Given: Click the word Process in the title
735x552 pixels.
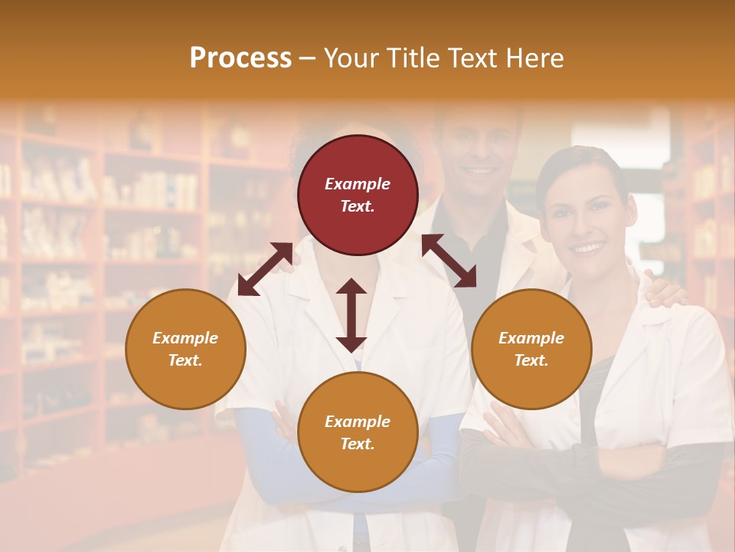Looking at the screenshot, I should [240, 58].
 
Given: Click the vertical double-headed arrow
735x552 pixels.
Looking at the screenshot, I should [351, 315].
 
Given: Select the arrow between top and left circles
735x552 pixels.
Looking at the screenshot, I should [265, 269].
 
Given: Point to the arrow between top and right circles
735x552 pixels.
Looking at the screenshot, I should [449, 261].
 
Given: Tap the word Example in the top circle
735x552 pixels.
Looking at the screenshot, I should [358, 184].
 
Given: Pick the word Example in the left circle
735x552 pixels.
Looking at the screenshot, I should [185, 338].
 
